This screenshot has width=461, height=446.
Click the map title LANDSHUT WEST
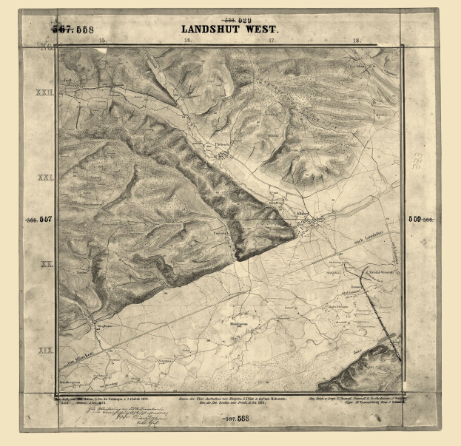click(229, 30)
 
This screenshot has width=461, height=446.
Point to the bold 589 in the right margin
click(414, 219)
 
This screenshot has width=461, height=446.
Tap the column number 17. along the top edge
click(272, 41)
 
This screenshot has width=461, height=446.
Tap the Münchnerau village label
click(237, 325)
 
